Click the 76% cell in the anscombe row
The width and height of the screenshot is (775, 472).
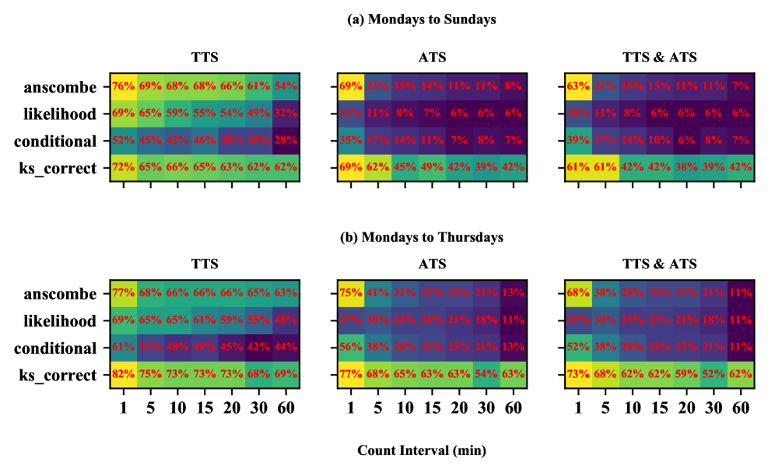coord(123,86)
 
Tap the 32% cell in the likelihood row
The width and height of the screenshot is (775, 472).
coord(286,114)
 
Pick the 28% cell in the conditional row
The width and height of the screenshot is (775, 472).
coord(286,141)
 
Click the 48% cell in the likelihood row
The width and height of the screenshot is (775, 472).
coord(286,321)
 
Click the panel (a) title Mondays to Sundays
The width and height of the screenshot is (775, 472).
coord(421,20)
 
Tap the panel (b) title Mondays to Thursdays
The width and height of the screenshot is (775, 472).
coord(421,236)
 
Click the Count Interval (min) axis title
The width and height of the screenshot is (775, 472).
coord(421,450)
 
